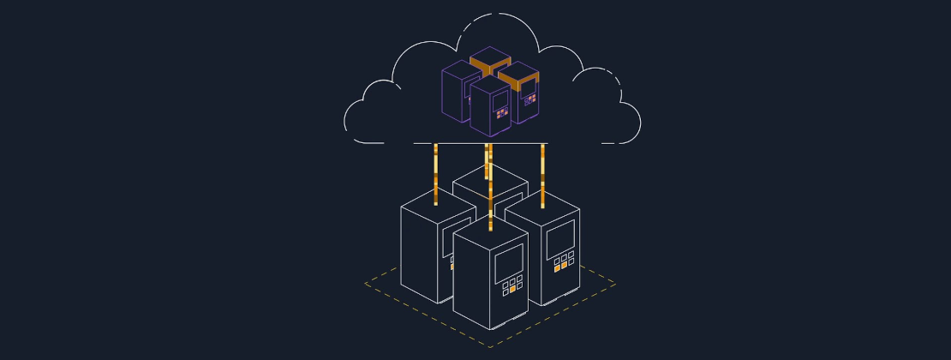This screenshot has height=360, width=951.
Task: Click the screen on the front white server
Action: point(508,262)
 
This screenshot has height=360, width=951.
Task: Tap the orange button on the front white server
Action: point(512,289)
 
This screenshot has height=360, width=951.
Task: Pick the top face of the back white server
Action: point(489,178)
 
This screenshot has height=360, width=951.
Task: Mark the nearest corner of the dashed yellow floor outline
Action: point(489,345)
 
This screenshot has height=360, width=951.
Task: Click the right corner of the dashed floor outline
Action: point(614,284)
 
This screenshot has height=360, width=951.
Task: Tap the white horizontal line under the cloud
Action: point(480,143)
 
